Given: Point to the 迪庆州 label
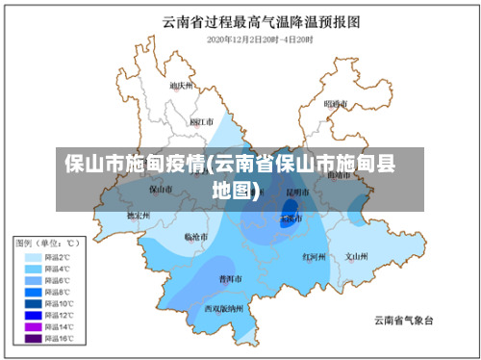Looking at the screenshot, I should [x=181, y=86].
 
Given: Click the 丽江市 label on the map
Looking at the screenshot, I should [x=202, y=122].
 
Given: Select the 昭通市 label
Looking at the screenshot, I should [x=336, y=103].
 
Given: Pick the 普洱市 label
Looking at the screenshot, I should [x=230, y=278].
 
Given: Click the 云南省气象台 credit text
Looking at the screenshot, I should [x=404, y=320].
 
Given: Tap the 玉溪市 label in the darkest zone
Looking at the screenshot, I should [x=290, y=219].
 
